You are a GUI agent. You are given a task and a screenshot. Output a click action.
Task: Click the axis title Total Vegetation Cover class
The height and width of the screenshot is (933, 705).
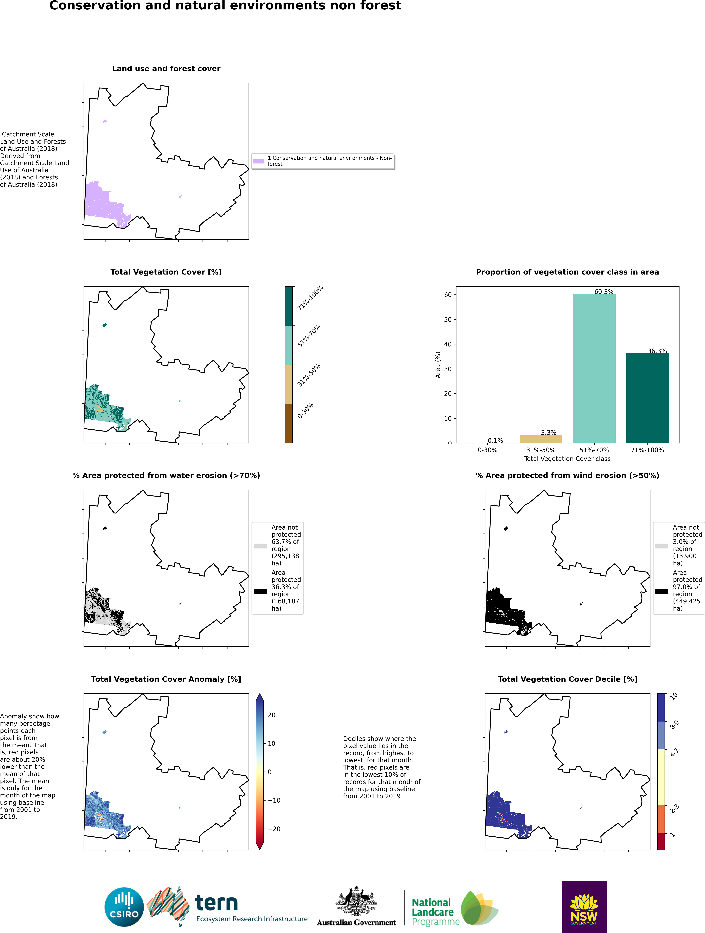(567, 459)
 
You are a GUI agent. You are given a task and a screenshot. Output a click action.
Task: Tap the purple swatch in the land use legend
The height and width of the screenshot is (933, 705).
(258, 161)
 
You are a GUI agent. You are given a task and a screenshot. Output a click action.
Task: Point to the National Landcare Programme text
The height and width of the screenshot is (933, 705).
(435, 912)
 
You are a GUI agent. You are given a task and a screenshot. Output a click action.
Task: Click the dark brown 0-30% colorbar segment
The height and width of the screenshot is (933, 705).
(289, 424)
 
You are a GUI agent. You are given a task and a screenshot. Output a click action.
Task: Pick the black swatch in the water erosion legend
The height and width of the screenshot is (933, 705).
(260, 591)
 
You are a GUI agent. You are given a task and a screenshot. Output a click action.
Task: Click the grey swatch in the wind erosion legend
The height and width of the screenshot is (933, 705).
(662, 546)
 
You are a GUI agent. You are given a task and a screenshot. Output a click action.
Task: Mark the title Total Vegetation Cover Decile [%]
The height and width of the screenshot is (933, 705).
(567, 679)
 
